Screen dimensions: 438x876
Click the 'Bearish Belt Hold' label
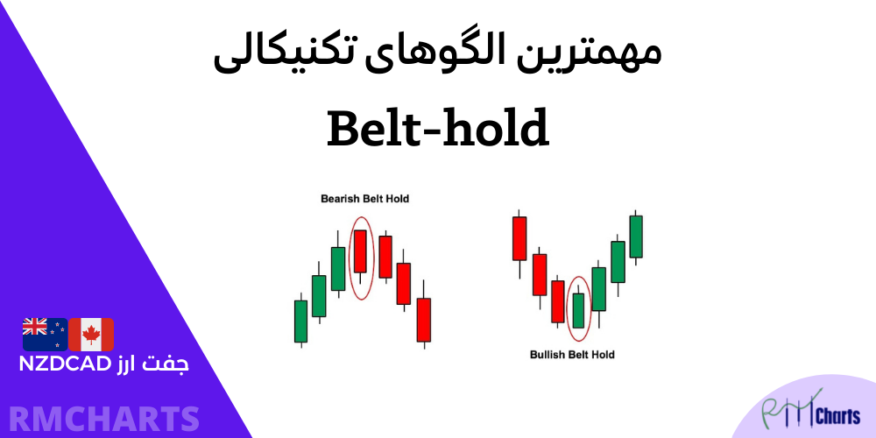[x=363, y=199]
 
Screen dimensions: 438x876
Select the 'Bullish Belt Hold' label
[x=572, y=355]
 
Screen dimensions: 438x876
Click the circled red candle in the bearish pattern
[x=359, y=251]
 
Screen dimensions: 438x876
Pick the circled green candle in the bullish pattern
[x=577, y=309]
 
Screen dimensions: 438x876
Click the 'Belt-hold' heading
[x=437, y=129]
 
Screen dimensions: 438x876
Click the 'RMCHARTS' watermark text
[x=101, y=417]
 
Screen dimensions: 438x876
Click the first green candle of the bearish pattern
[x=300, y=321]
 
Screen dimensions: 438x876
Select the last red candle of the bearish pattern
[x=424, y=319]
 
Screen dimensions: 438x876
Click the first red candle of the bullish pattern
[x=519, y=238]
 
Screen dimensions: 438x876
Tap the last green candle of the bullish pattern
[x=636, y=236]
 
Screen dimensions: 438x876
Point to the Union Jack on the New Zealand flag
[x=34, y=327]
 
